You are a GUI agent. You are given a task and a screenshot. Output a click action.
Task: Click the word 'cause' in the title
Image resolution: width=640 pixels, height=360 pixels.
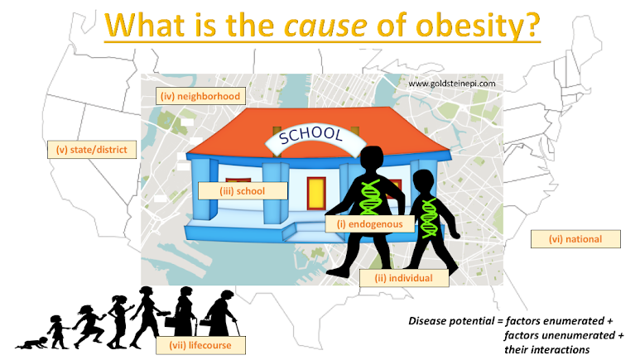(x=325, y=26)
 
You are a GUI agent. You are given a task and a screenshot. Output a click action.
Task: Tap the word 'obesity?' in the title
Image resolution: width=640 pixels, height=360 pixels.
(x=478, y=26)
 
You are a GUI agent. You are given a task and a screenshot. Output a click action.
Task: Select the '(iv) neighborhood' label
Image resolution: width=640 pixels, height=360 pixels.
(x=200, y=96)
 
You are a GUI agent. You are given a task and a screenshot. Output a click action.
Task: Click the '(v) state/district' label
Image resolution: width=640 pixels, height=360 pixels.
(x=92, y=150)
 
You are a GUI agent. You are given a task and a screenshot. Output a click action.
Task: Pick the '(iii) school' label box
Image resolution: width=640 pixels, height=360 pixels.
(x=243, y=191)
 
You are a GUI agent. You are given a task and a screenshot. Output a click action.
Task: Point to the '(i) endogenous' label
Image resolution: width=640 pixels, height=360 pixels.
(x=369, y=224)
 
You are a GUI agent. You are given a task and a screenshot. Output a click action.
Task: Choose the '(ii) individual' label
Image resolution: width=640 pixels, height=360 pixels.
(x=404, y=278)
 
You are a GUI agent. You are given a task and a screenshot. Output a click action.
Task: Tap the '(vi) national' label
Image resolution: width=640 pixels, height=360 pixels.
(x=575, y=239)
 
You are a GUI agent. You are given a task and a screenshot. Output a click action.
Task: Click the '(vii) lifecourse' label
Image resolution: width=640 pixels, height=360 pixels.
(x=200, y=345)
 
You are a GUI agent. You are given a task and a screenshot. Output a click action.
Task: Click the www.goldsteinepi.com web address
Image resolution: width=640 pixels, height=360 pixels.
(x=452, y=84)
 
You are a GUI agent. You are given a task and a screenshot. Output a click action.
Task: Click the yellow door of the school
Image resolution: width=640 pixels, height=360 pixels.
(x=316, y=193)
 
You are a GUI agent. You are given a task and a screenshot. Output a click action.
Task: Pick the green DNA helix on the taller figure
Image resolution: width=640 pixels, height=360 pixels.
(x=370, y=198)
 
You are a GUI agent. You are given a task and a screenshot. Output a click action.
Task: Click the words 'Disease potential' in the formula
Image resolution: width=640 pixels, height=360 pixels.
(x=451, y=321)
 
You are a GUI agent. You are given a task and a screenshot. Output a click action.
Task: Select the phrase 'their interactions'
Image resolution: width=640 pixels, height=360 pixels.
(x=547, y=350)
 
